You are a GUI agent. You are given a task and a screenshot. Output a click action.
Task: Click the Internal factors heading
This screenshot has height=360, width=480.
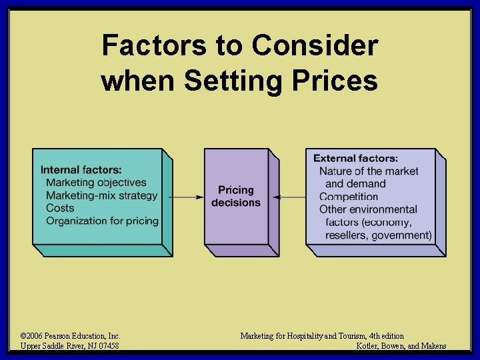(81, 170)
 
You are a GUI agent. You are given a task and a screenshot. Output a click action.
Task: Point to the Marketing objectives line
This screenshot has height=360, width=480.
(96, 182)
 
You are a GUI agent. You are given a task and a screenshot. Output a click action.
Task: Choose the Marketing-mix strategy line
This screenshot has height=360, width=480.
(102, 195)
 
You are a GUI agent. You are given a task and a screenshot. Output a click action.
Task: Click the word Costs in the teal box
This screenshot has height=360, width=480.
(60, 208)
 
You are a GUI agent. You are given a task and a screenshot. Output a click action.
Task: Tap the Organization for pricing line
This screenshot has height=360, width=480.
(103, 221)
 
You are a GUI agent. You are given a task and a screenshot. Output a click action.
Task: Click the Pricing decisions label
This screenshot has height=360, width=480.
(236, 196)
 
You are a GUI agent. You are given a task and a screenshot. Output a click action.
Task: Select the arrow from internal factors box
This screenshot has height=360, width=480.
(186, 197)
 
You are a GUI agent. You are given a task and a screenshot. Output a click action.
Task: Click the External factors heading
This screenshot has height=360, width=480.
(356, 158)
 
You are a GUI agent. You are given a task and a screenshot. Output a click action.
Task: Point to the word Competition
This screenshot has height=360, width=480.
(349, 197)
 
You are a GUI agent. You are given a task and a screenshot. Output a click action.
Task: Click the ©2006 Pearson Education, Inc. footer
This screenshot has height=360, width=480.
(70, 336)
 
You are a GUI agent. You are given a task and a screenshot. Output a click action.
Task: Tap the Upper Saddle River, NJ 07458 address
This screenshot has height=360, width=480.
(70, 346)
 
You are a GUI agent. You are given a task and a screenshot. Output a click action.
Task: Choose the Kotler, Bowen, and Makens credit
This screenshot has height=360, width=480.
(401, 346)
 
